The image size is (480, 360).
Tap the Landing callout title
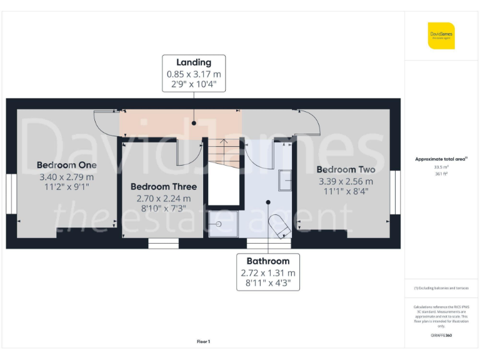pos(194,62)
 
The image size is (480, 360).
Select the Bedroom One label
pos(66,165)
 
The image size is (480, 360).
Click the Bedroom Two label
pos(346,169)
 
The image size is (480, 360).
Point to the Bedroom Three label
pos(163,186)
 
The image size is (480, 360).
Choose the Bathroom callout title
pos(268,261)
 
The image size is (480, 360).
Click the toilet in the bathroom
pos(279,226)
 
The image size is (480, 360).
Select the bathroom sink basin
pos(285,179)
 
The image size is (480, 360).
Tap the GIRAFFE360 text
pos(441,336)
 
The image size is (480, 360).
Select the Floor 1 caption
pos(203,341)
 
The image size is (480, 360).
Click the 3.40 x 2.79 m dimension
pos(66,176)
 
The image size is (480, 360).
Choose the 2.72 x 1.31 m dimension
pos(268,273)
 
